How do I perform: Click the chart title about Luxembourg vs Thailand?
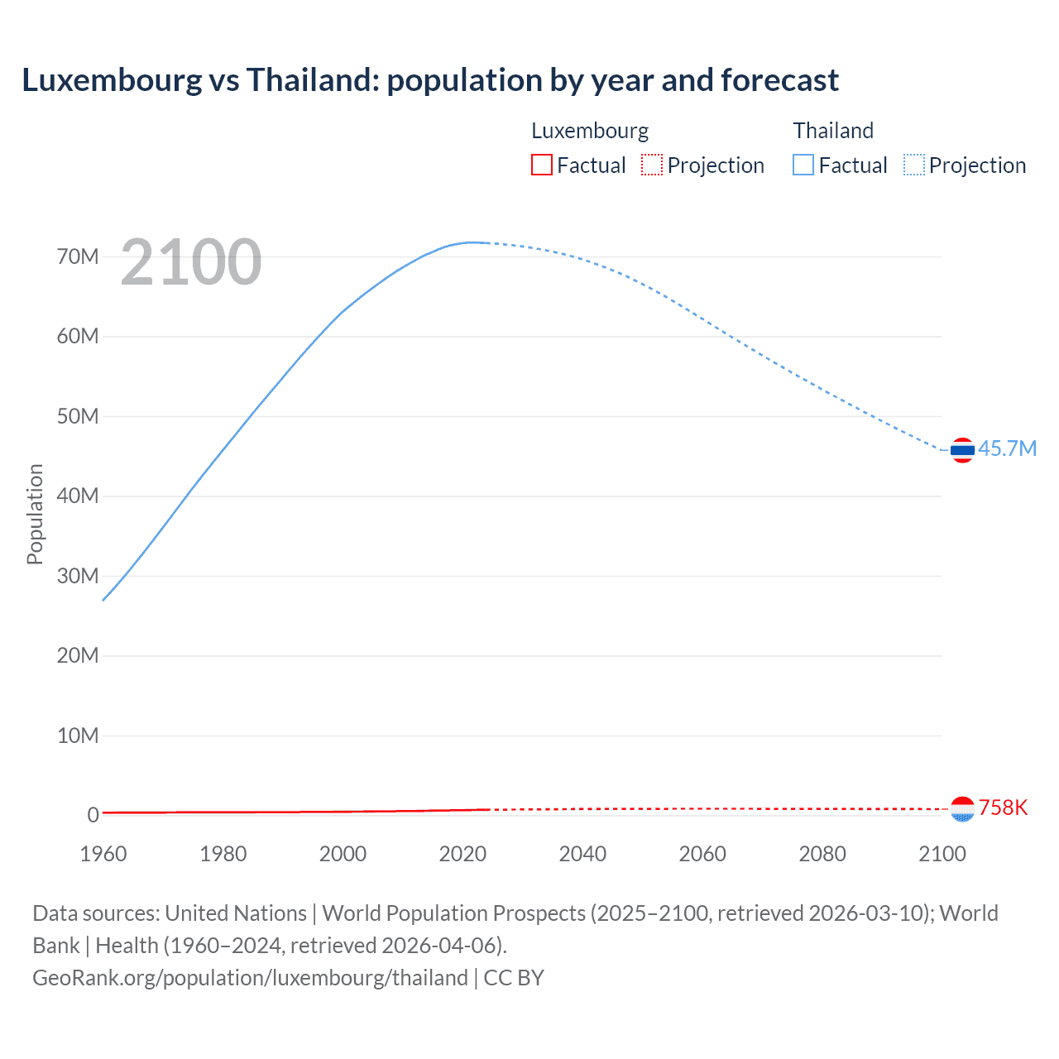(x=430, y=80)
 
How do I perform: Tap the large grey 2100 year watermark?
(x=191, y=262)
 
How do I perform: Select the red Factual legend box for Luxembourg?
(x=541, y=165)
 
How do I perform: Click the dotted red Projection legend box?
(x=652, y=165)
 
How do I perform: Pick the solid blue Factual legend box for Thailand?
(x=803, y=165)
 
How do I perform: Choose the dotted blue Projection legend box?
(x=914, y=165)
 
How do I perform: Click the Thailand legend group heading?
(x=833, y=131)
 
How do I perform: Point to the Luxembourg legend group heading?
(x=590, y=131)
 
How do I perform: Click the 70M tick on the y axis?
(x=78, y=256)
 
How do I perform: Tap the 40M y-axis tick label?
(x=78, y=496)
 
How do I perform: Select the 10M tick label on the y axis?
(x=78, y=736)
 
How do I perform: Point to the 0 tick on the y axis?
(x=93, y=815)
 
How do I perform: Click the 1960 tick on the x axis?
(x=103, y=854)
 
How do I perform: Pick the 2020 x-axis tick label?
(x=462, y=854)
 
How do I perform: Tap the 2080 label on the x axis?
(x=822, y=854)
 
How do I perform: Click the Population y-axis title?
(x=35, y=514)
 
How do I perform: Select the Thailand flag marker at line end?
(x=962, y=450)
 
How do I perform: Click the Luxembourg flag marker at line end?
(x=962, y=809)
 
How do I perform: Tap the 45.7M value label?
(x=1007, y=448)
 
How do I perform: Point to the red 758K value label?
(x=1003, y=807)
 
